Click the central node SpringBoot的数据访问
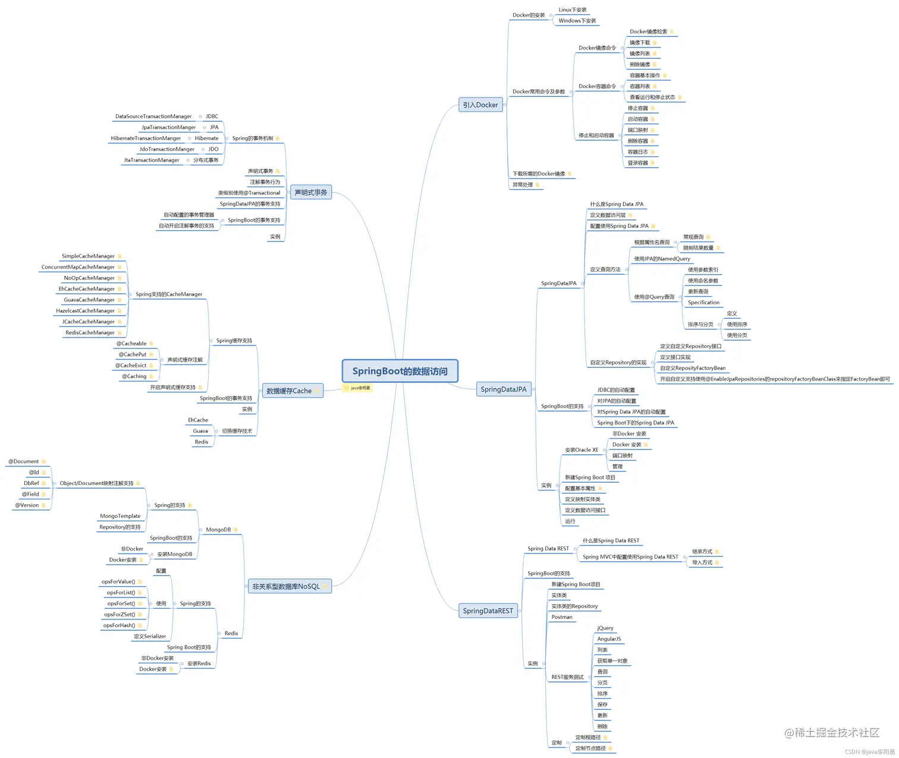pos(400,371)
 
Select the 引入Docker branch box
pos(480,105)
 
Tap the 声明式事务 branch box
pos(310,193)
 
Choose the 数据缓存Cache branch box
pos(289,391)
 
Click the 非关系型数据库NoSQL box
pos(286,586)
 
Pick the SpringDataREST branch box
pos(488,611)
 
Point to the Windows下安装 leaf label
pos(577,21)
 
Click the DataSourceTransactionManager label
pos(153,117)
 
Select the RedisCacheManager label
pos(90,333)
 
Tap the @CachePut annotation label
pos(132,354)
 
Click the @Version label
pos(27,505)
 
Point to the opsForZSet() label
pos(120,615)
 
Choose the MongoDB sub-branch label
pos(218,530)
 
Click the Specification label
pos(703,303)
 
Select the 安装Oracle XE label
pos(581,450)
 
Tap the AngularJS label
pos(609,639)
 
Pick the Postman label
pos(562,617)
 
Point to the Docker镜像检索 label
pos(648,32)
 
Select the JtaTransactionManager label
pos(152,161)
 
